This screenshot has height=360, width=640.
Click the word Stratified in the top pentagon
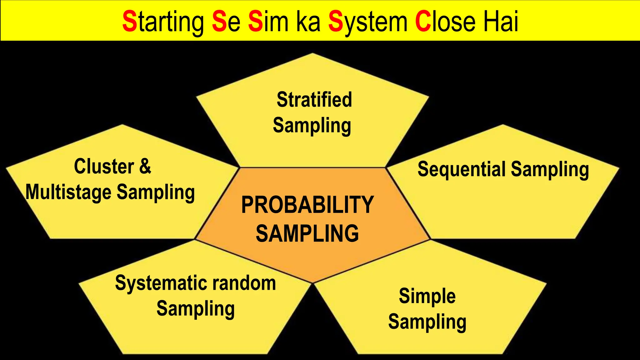pyautogui.click(x=314, y=100)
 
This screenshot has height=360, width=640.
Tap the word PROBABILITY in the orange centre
pyautogui.click(x=307, y=205)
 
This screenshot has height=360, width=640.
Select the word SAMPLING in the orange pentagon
pyautogui.click(x=307, y=233)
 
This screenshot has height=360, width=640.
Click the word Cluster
pyautogui.click(x=104, y=166)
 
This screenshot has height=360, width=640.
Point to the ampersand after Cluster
pyautogui.click(x=145, y=166)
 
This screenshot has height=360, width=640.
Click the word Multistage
pyautogui.click(x=68, y=192)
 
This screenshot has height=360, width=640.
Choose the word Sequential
pyautogui.click(x=461, y=169)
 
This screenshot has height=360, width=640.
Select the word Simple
pyautogui.click(x=427, y=297)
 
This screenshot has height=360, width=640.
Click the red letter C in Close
pyautogui.click(x=423, y=22)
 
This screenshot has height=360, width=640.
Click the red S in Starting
pyautogui.click(x=129, y=22)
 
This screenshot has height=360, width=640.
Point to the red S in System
pyautogui.click(x=336, y=22)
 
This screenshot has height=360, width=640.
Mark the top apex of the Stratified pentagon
pyautogui.click(x=312, y=54)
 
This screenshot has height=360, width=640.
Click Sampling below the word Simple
pyautogui.click(x=427, y=322)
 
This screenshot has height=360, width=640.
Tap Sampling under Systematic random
pyautogui.click(x=196, y=309)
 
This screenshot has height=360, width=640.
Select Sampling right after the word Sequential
pyautogui.click(x=550, y=170)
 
